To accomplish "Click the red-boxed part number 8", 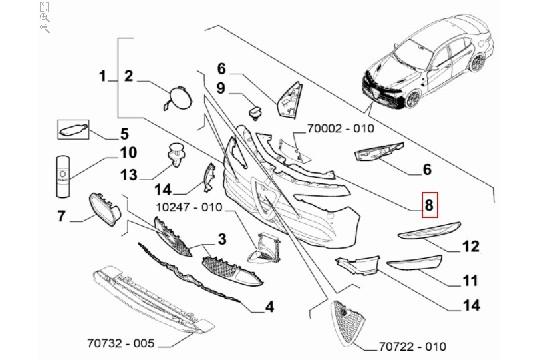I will [x=428, y=206].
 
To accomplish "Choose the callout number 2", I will [x=129, y=76].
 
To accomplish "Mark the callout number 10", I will [x=128, y=153].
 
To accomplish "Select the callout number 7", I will [x=60, y=216].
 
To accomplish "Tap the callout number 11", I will [x=470, y=281].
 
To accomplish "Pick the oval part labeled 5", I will [x=74, y=129].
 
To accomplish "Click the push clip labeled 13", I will [x=176, y=156].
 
